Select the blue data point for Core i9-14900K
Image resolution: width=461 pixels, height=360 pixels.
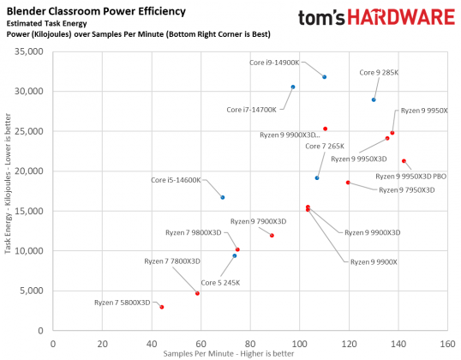tap(324, 77)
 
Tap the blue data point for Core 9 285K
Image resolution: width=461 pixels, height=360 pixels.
tap(374, 99)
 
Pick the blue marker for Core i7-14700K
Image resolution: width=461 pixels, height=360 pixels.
tap(293, 87)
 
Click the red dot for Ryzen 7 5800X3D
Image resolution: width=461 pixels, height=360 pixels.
tap(161, 307)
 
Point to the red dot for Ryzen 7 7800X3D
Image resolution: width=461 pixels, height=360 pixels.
tap(197, 293)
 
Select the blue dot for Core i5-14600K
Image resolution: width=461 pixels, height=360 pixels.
tap(222, 197)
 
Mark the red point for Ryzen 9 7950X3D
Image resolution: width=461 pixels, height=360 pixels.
tap(348, 183)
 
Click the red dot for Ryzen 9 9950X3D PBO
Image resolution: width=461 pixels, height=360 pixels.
tap(404, 161)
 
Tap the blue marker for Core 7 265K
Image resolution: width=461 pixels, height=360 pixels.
tap(317, 177)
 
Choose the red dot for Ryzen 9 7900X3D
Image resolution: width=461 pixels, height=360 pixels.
tap(272, 236)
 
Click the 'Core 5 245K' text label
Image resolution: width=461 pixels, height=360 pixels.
tap(221, 282)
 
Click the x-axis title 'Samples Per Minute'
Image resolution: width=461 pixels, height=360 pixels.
tap(247, 353)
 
